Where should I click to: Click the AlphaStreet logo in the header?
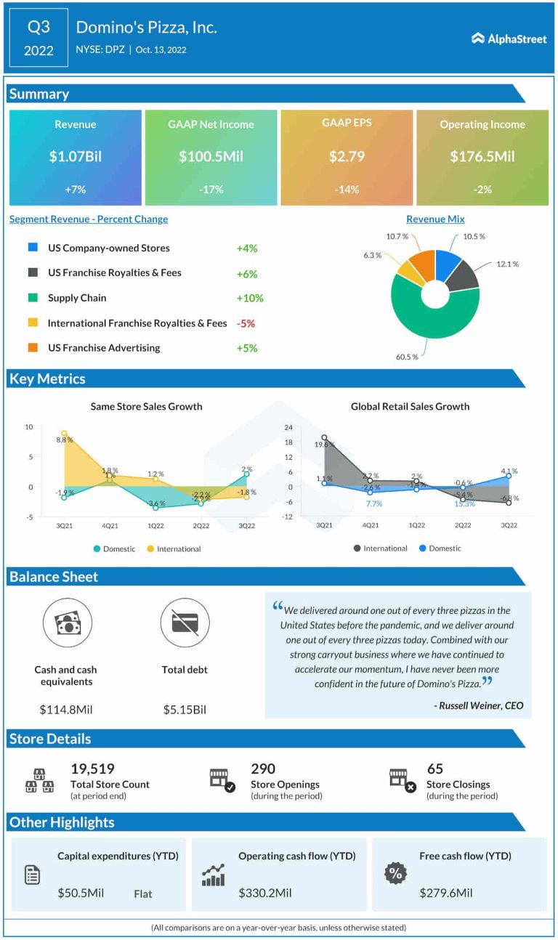coord(509,39)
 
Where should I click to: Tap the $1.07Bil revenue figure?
coord(75,156)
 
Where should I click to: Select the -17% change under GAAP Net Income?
coord(211,189)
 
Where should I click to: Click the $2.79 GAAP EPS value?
coord(346,156)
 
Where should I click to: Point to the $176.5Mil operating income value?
coord(482,156)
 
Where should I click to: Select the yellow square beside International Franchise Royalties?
coord(33,323)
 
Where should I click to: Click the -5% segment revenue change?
coord(246,323)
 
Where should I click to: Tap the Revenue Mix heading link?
coord(435,219)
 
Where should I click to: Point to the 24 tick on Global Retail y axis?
coord(288,427)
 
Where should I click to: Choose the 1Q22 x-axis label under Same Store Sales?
coord(155,525)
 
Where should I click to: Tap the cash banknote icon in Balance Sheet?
coord(67,623)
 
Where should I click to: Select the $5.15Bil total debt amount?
coord(185,709)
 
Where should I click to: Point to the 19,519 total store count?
coord(92,769)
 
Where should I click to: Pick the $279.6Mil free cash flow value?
coord(445,892)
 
